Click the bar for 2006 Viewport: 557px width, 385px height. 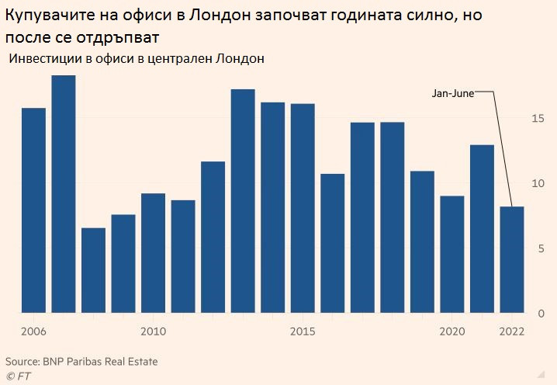tap(33, 210)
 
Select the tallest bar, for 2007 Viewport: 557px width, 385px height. tap(64, 194)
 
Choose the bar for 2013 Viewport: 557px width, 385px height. tap(243, 201)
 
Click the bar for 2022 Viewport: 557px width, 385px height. tap(511, 259)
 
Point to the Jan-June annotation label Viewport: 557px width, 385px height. tap(452, 93)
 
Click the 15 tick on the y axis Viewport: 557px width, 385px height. tap(537, 119)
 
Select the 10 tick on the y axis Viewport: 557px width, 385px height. tap(537, 184)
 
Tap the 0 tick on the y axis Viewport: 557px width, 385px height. tap(540, 314)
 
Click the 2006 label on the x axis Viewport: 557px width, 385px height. tap(33, 331)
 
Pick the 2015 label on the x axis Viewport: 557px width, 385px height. tap(303, 331)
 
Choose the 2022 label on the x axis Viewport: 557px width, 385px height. tap(511, 331)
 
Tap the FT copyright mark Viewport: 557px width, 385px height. tap(16, 376)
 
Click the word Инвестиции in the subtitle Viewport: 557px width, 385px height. tap(43, 59)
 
